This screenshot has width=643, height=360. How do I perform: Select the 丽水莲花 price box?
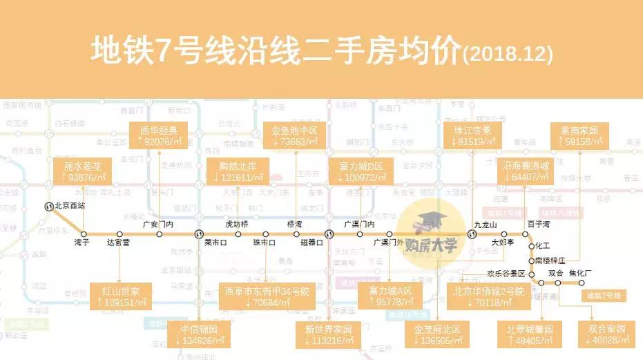tap(83, 172)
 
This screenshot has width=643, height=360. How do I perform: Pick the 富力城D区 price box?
tap(365, 172)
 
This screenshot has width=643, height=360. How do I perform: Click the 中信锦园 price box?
tap(199, 334)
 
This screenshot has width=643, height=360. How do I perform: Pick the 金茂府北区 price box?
tap(437, 334)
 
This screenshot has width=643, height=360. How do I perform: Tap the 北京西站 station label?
tap(70, 205)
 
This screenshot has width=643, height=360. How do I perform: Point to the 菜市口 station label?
tap(216, 243)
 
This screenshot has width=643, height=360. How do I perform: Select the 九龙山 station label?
tap(486, 224)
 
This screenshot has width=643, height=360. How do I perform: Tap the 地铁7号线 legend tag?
tap(604, 295)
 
